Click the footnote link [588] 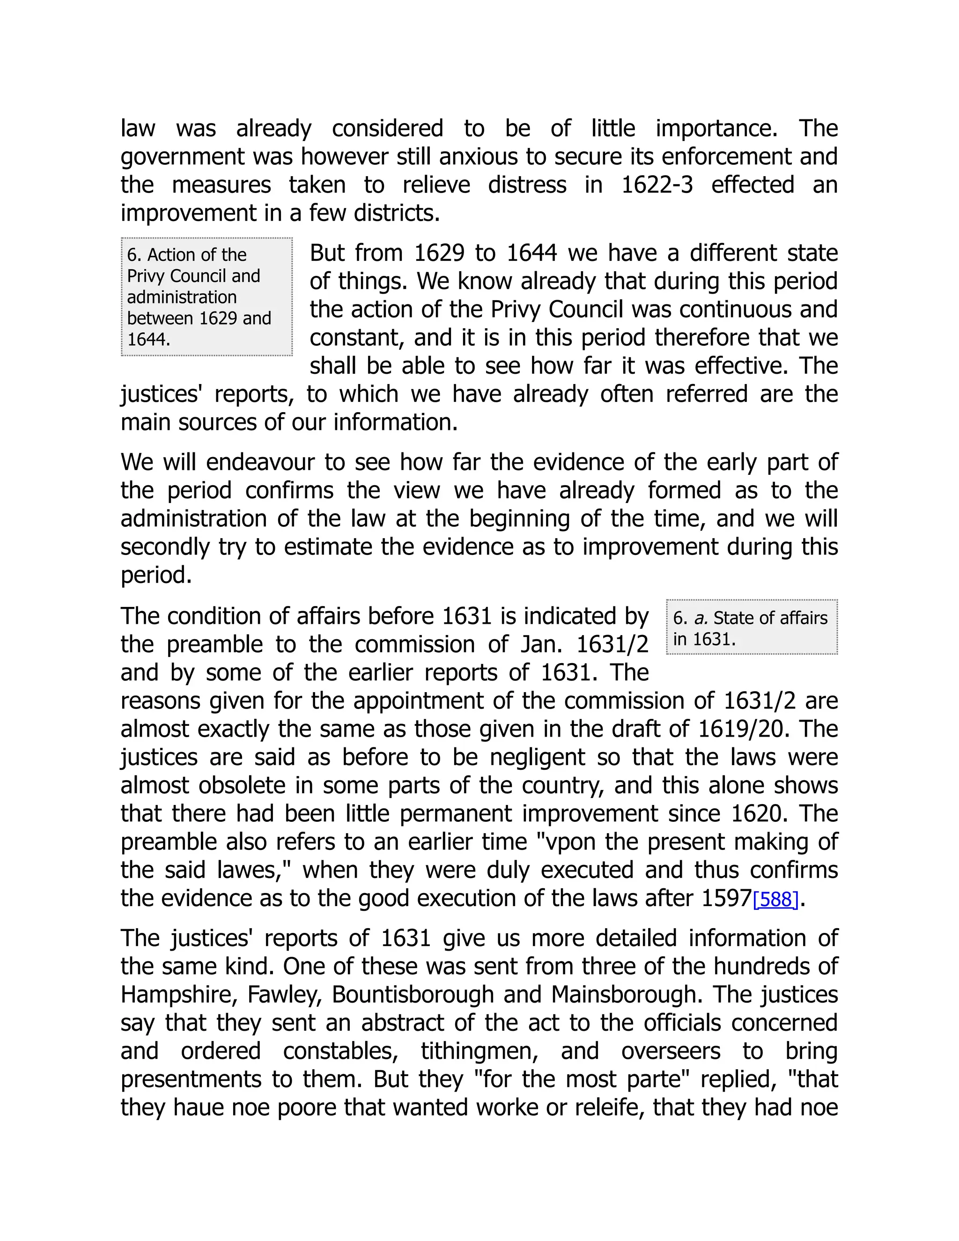[x=775, y=900]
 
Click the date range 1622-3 [x=657, y=185]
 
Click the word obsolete [x=242, y=786]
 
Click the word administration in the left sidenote [x=181, y=297]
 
